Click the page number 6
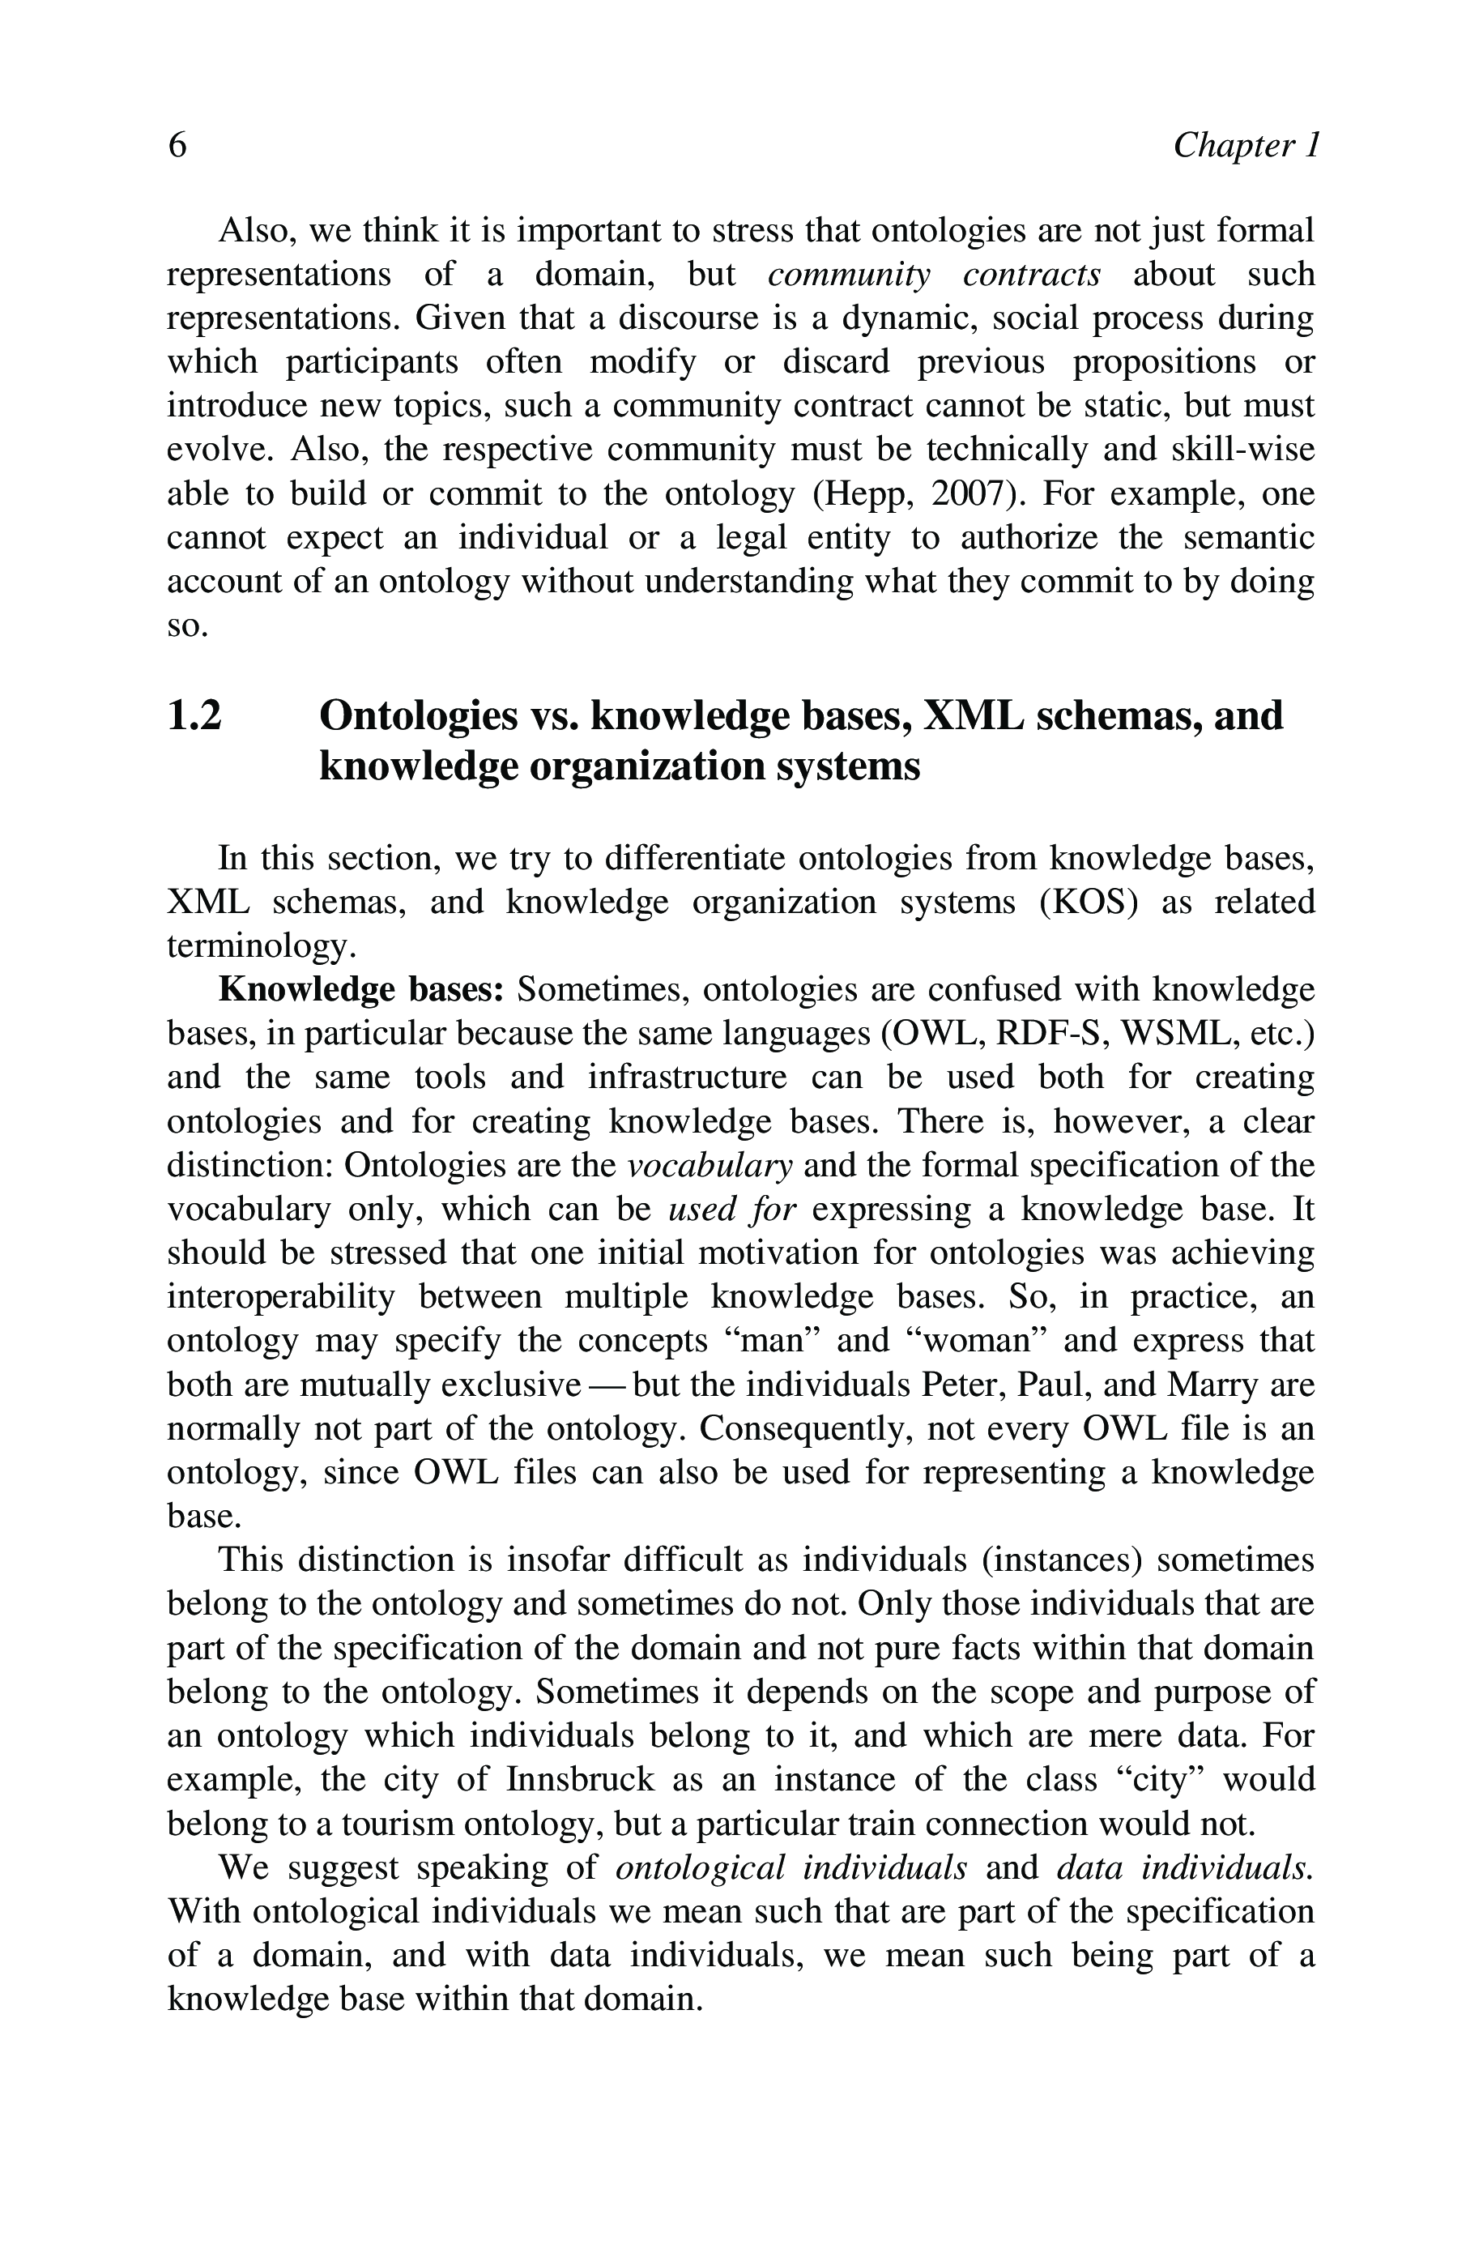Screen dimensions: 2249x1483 [177, 146]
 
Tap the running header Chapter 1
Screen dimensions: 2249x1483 [1245, 146]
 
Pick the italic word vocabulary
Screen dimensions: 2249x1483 [710, 1165]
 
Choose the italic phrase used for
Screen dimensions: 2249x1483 [731, 1210]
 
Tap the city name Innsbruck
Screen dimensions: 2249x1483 [580, 1779]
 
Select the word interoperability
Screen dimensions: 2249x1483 [281, 1296]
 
